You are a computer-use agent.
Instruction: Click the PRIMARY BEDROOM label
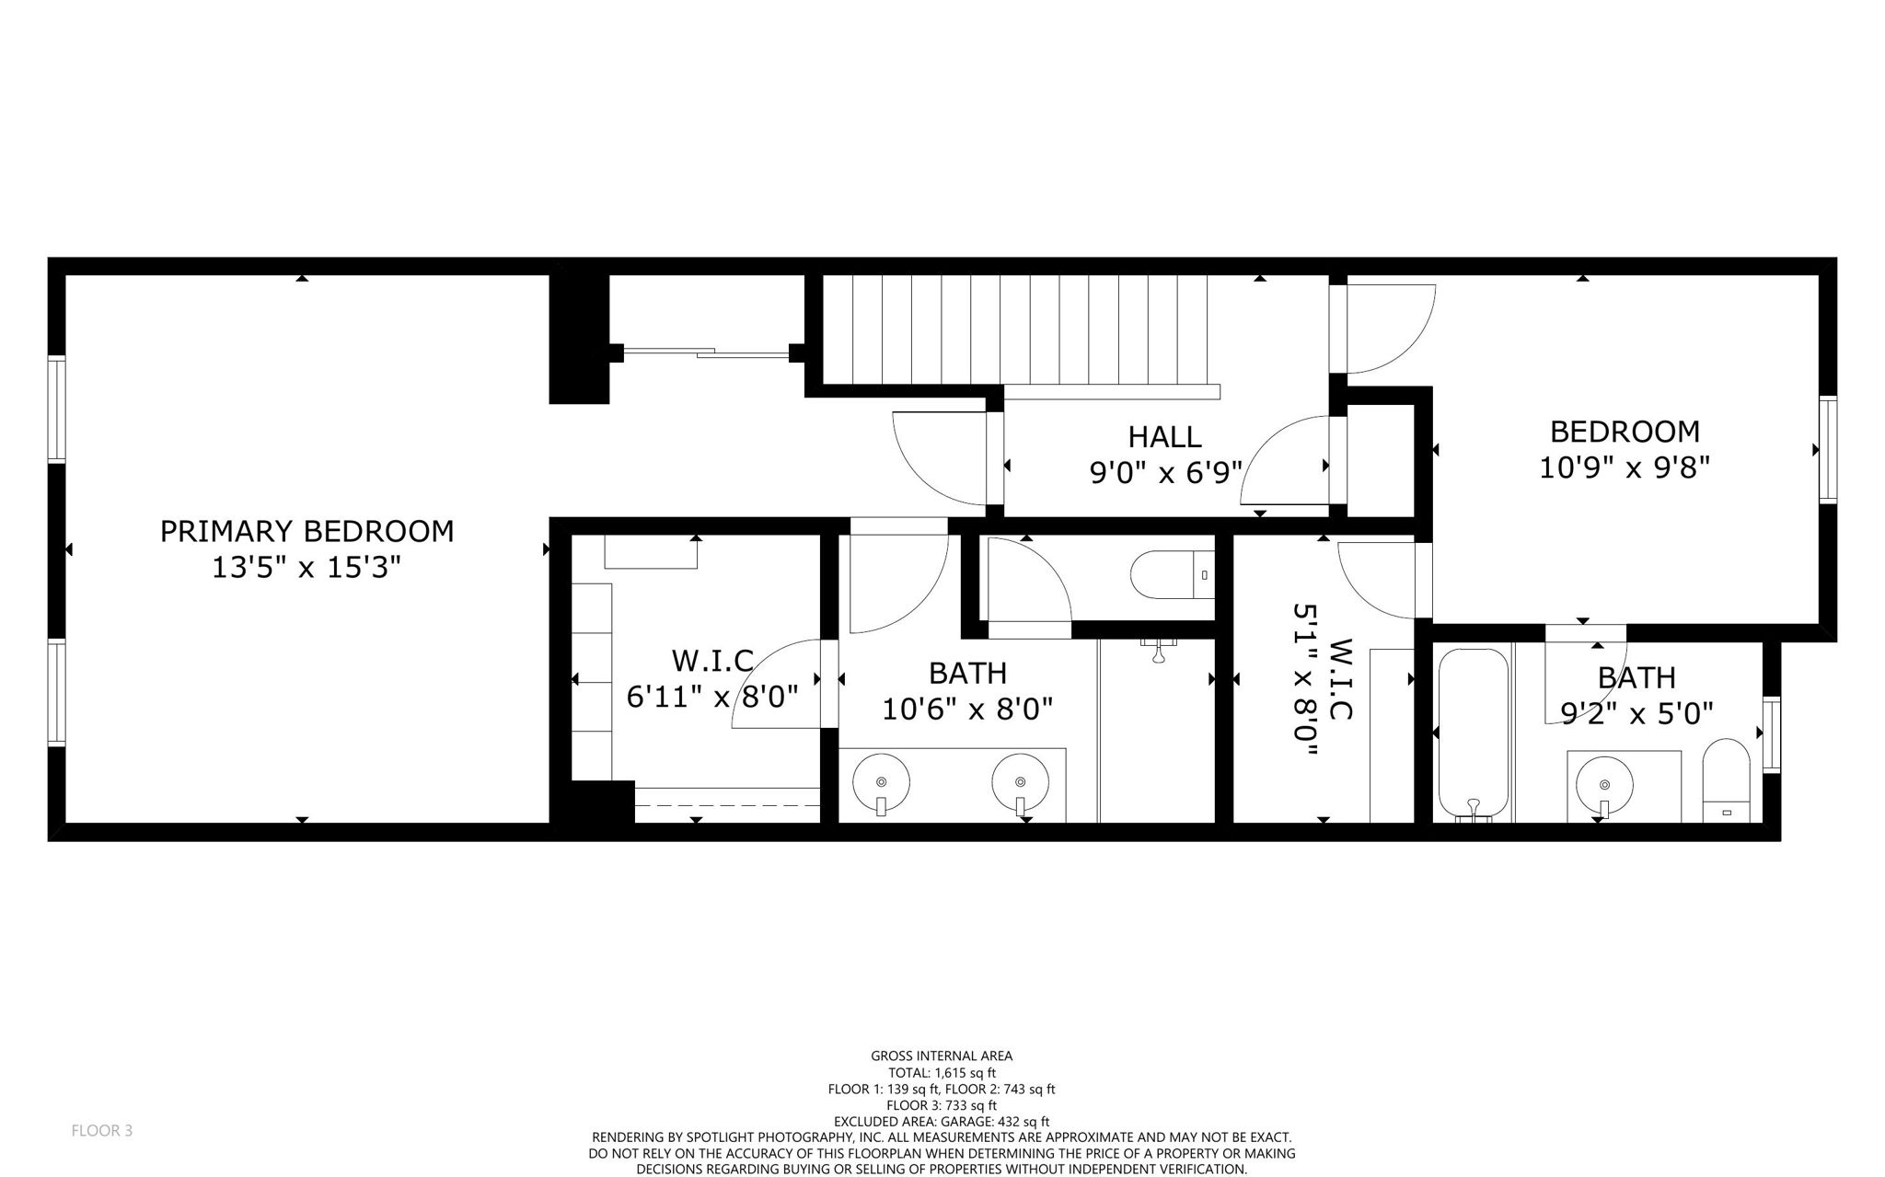[x=306, y=531]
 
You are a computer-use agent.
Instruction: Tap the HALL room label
[x=1164, y=436]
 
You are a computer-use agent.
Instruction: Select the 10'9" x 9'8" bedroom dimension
[x=1624, y=467]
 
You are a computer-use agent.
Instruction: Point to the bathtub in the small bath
[x=1474, y=733]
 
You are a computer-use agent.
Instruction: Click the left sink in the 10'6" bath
[x=881, y=783]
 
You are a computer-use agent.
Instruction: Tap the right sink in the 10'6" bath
[x=1020, y=783]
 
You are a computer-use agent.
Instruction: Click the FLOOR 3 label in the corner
[x=101, y=1130]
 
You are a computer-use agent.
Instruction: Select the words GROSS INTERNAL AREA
[x=941, y=1056]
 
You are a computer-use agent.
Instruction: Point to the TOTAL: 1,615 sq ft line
[x=941, y=1073]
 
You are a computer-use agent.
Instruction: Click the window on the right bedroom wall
[x=1828, y=449]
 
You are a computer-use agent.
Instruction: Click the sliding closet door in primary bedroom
[x=706, y=352]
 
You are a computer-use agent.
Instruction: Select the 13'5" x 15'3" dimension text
[x=306, y=568]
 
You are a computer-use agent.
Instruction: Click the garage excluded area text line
[x=941, y=1122]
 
